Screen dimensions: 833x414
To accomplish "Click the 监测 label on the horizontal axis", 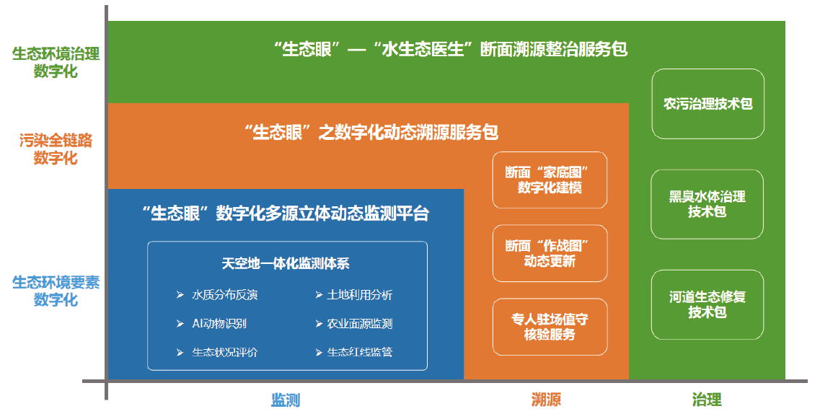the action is pyautogui.click(x=286, y=400).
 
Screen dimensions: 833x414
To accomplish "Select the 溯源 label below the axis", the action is pyautogui.click(x=545, y=400).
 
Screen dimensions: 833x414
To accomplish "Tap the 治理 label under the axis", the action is pyautogui.click(x=707, y=400).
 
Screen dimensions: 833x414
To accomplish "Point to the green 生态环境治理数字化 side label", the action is pyautogui.click(x=56, y=63).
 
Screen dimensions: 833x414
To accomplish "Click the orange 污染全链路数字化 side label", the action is pyautogui.click(x=56, y=149).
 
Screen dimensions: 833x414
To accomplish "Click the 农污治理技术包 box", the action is pyautogui.click(x=708, y=104).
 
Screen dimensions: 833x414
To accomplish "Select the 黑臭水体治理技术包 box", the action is pyautogui.click(x=707, y=204).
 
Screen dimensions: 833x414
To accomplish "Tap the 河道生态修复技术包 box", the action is pyautogui.click(x=707, y=304).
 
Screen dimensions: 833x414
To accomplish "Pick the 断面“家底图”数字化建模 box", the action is pyautogui.click(x=550, y=180).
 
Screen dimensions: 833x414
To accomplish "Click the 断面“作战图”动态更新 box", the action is pyautogui.click(x=550, y=253).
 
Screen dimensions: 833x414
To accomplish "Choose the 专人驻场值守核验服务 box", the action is pyautogui.click(x=550, y=327).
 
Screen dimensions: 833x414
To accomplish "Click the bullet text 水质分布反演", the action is pyautogui.click(x=225, y=295).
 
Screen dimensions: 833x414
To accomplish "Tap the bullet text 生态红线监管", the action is pyautogui.click(x=360, y=352).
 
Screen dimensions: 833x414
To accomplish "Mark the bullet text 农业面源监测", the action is pyautogui.click(x=360, y=324).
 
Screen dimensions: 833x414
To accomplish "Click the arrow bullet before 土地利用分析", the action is pyautogui.click(x=319, y=294).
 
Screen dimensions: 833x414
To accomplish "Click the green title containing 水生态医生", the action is pyautogui.click(x=451, y=50).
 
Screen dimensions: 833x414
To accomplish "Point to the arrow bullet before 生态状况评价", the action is pyautogui.click(x=180, y=352).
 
